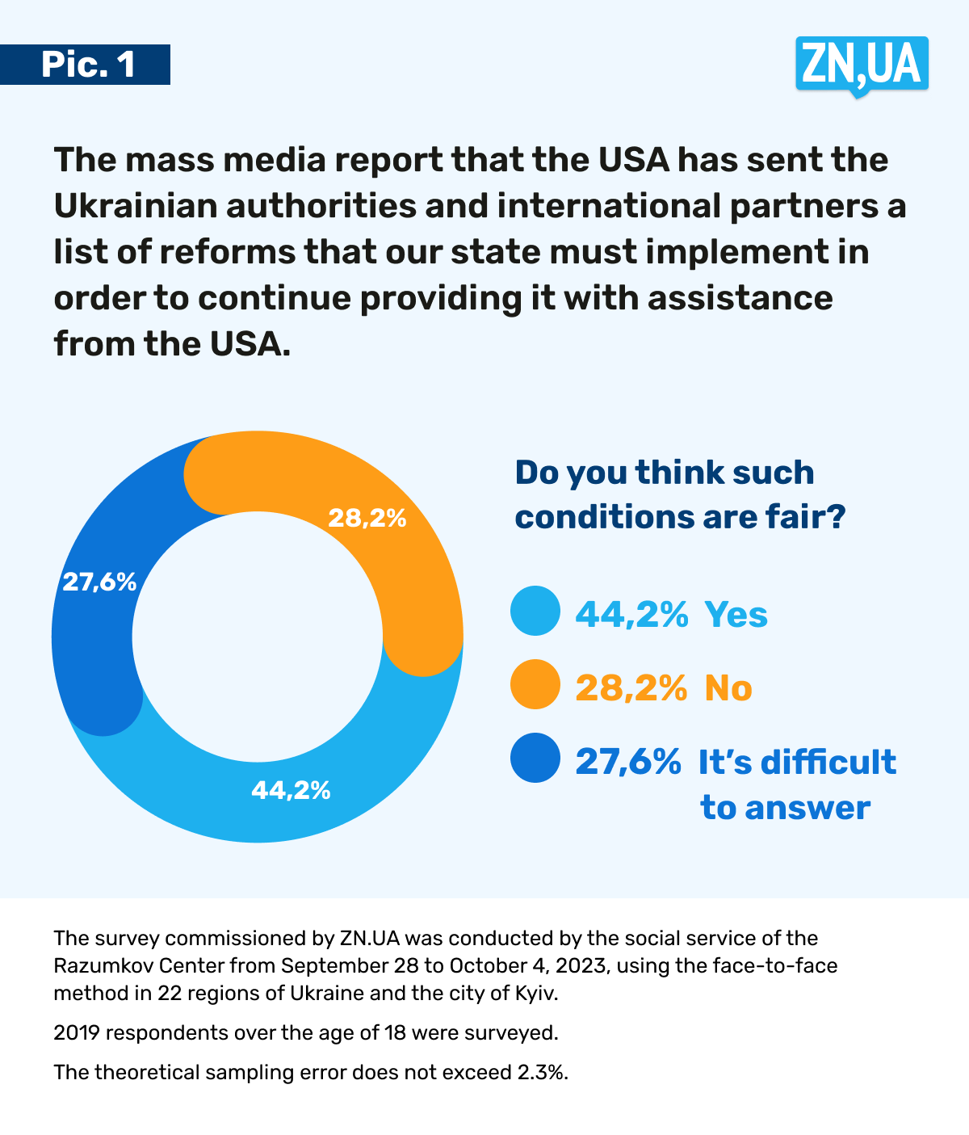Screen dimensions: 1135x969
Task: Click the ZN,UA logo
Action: [862, 64]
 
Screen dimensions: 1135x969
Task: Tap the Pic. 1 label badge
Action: [86, 65]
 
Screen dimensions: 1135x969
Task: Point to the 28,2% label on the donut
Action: [367, 518]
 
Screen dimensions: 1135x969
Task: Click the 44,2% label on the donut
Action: [291, 790]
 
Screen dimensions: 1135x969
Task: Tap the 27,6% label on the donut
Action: [99, 582]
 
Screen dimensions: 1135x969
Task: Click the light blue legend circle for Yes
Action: [535, 612]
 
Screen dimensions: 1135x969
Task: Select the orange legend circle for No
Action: [535, 685]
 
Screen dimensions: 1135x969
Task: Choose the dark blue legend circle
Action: [535, 759]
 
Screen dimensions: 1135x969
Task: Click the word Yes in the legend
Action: [736, 615]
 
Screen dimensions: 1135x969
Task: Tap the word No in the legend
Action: [728, 688]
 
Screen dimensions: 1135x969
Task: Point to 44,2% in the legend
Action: [631, 615]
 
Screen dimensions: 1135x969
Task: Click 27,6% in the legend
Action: [627, 762]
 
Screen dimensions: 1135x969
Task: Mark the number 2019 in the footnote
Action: [76, 1032]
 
